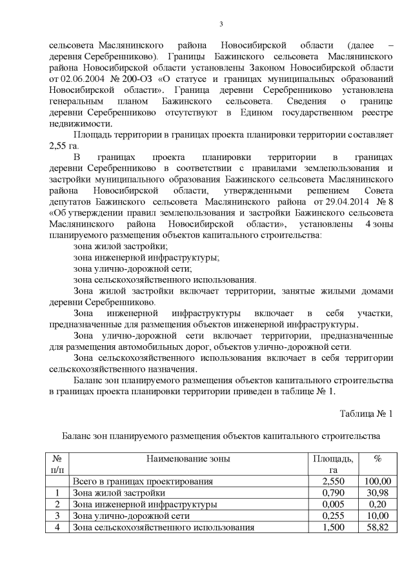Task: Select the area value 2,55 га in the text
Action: (64, 146)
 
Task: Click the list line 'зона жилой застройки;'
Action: (121, 246)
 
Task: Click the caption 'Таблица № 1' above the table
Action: (365, 413)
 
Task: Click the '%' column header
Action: (378, 459)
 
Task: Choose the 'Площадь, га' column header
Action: (333, 464)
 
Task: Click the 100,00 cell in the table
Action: (378, 481)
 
